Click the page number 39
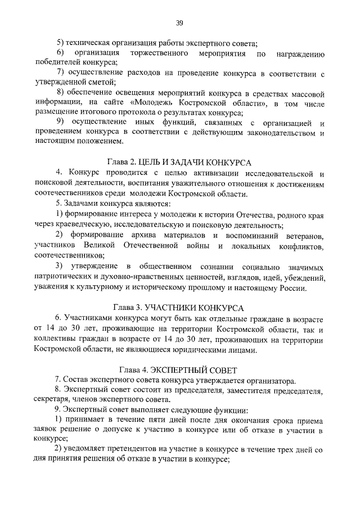[179, 23]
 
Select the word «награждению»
[302, 53]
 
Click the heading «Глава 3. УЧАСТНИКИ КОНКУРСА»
[179, 308]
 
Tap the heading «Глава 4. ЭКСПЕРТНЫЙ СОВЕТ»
[179, 370]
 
